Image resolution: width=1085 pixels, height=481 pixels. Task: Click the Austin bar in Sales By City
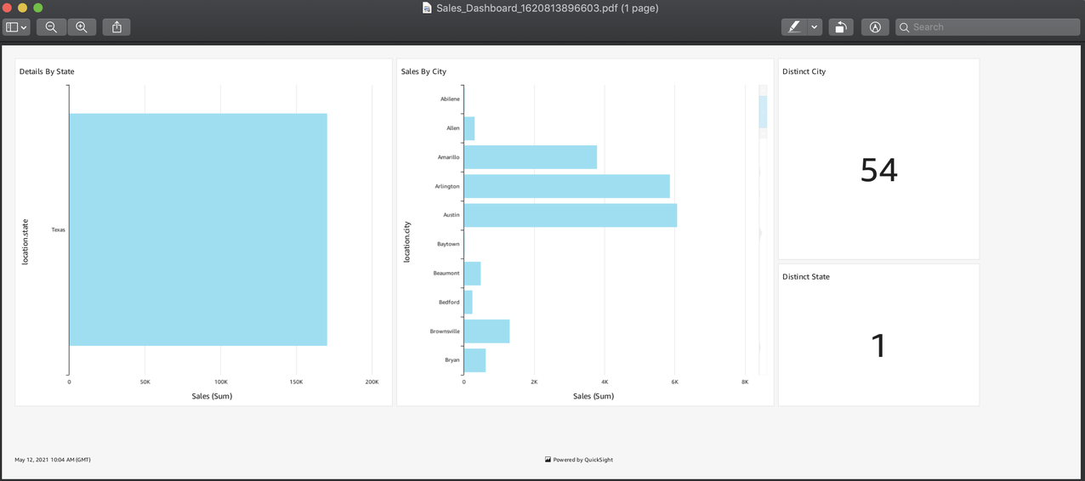570,215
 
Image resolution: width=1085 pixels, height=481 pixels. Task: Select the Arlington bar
566,186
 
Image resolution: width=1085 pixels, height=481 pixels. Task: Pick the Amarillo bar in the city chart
530,157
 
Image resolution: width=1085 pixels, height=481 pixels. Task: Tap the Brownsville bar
486,331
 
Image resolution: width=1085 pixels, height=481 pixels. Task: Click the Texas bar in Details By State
197,229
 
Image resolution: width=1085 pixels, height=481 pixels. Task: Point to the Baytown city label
448,244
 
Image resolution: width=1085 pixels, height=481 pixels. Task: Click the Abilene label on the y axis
450,99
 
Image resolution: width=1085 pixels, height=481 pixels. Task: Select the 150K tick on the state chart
296,382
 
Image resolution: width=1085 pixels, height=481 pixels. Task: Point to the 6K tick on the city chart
674,382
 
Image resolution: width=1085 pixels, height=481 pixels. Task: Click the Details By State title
47,71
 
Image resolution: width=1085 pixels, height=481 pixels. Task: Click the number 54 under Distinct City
878,170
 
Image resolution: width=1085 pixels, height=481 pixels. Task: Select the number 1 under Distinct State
878,346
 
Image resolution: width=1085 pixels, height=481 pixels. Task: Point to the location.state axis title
26,241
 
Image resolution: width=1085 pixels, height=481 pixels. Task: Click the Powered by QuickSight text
582,460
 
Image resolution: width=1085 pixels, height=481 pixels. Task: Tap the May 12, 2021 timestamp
53,460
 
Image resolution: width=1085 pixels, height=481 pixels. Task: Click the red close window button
8,8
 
